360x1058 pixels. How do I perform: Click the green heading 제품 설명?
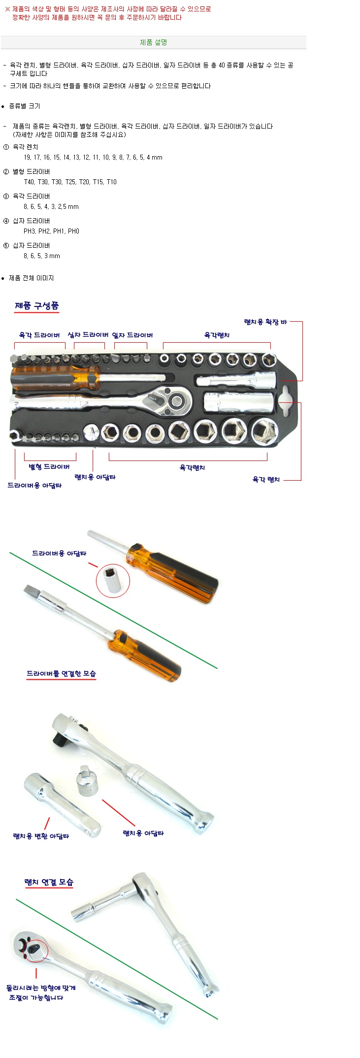click(x=154, y=42)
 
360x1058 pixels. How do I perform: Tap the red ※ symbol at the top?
click(x=7, y=9)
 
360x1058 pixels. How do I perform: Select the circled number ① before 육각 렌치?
click(x=6, y=147)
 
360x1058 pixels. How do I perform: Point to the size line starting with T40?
click(x=70, y=182)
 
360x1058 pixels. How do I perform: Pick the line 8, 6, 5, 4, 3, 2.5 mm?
click(x=51, y=206)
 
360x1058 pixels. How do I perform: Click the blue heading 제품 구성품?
click(x=37, y=306)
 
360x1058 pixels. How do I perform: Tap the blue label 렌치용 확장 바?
click(x=265, y=322)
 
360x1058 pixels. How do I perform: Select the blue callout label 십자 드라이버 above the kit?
click(x=88, y=335)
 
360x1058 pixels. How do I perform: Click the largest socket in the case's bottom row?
click(x=264, y=431)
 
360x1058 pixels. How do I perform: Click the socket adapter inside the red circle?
click(x=113, y=581)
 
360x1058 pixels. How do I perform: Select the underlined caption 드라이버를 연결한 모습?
click(x=62, y=673)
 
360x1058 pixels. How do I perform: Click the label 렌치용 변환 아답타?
click(x=41, y=836)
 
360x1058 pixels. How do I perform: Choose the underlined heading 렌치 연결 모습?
click(x=49, y=882)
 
